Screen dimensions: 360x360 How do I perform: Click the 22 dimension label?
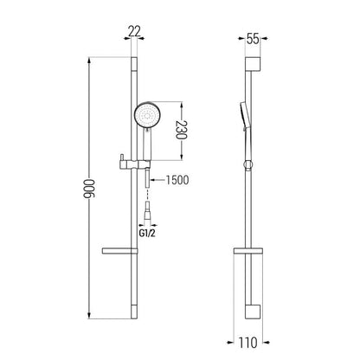[x=134, y=31]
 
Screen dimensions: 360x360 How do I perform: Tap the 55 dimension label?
[x=253, y=39]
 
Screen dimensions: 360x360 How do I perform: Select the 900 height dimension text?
[x=89, y=189]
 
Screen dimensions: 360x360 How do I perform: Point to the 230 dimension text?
[x=182, y=130]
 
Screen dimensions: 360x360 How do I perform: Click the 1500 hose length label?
[x=177, y=180]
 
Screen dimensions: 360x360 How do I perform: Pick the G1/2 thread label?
[x=147, y=233]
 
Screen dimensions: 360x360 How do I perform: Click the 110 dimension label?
[x=247, y=343]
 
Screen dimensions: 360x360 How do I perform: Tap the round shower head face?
[x=148, y=116]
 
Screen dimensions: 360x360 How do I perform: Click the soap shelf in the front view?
[x=119, y=251]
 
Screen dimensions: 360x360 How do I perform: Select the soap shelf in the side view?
[x=248, y=251]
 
